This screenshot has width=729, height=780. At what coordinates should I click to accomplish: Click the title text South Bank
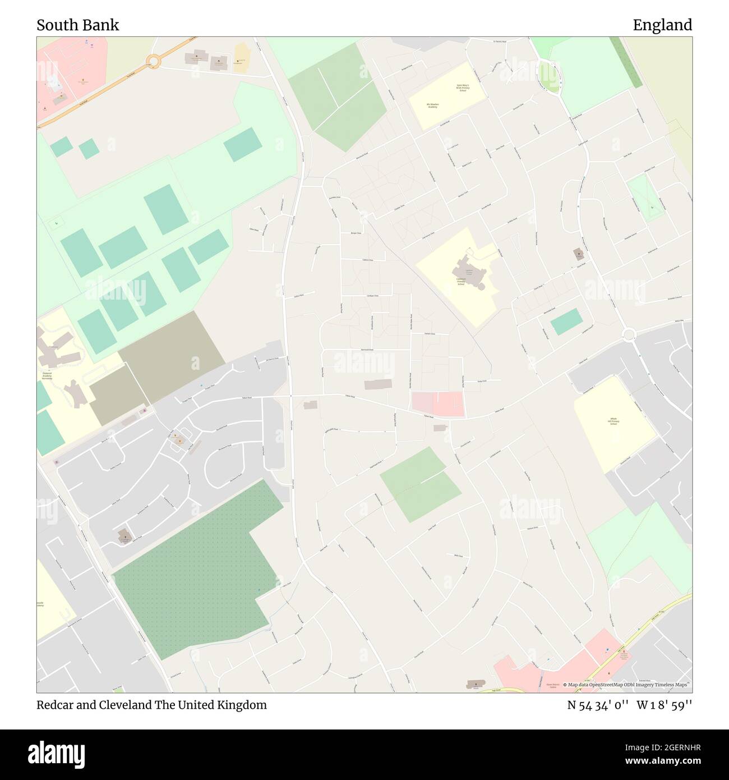click(77, 25)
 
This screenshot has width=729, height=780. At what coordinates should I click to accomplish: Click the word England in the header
click(662, 25)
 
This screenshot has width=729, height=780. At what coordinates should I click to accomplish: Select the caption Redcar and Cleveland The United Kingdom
click(151, 705)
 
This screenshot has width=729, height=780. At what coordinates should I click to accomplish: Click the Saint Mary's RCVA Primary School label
click(462, 88)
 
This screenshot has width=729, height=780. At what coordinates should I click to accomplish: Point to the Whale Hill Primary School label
click(613, 421)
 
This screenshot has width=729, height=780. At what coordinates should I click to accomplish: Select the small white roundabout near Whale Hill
click(628, 335)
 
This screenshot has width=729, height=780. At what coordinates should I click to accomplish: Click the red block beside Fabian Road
click(438, 404)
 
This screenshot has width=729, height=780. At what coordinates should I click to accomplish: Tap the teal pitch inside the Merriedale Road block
click(566, 322)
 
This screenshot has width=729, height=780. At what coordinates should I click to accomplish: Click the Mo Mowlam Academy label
click(432, 105)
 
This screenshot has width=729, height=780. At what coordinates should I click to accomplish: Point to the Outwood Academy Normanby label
click(47, 375)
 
